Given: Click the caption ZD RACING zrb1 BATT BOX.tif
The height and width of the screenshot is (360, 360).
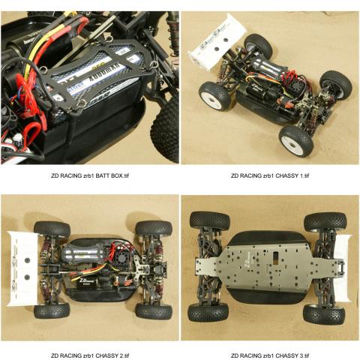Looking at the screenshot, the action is coord(90,175).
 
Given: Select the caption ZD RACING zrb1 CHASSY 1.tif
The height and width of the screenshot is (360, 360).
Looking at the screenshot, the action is coord(270,175).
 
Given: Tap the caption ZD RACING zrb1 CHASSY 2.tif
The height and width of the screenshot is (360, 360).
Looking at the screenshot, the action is coord(90,355).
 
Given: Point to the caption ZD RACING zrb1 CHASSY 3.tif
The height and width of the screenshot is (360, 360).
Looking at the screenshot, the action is coord(270,355).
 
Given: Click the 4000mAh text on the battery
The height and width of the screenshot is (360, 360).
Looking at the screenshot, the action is coord(106,73).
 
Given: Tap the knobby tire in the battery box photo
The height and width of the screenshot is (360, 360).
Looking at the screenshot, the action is coord(165,125).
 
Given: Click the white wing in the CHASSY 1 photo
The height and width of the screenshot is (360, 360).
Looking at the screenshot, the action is coord(217,41).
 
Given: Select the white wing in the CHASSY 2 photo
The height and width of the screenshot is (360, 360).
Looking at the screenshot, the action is coord(23,268).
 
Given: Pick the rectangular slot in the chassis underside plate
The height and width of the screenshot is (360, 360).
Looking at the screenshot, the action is coord(276,257).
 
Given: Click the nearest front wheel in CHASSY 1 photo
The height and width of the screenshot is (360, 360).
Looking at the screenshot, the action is coord(296,140).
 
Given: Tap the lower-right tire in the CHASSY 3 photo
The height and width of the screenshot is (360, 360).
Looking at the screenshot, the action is coord(324,313).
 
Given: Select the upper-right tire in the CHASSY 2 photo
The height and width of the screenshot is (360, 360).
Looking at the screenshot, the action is coord(154,229).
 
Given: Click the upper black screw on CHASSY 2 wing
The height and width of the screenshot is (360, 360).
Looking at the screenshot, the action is coord(28,260).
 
